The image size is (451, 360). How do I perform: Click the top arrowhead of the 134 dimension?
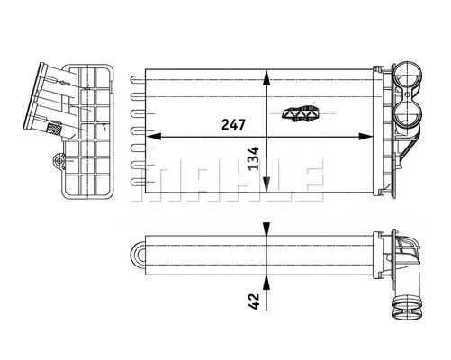[x=266, y=75]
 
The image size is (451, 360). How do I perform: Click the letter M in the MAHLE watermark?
[x=149, y=180]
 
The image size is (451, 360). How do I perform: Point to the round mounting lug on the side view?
[x=60, y=163]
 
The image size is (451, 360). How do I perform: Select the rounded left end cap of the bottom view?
[x=138, y=254]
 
